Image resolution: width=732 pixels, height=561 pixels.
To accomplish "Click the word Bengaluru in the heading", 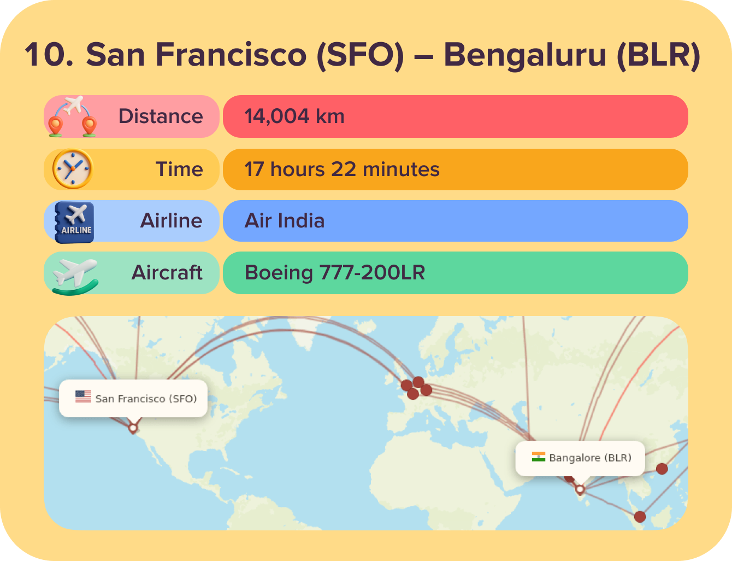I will point(524,55).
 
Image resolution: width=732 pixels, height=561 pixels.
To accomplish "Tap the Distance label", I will point(161,116).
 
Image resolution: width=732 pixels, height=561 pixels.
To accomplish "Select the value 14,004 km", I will point(294,116).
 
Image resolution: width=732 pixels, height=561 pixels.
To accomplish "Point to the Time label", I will point(179,170).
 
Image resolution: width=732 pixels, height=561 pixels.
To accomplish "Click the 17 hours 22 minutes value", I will point(342,170).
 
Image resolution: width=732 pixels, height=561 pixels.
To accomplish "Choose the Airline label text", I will point(171,221).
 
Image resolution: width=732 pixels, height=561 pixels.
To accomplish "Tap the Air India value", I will point(285,221).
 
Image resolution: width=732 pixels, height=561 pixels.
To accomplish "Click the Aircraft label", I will point(167,272).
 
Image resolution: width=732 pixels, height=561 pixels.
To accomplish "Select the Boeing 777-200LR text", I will point(335,272).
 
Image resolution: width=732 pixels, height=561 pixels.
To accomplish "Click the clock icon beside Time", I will point(72,169).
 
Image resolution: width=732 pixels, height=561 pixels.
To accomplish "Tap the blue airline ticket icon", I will point(75,222).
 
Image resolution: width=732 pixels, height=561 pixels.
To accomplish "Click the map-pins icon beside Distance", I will point(72,116).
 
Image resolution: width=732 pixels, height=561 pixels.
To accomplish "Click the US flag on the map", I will point(84,396).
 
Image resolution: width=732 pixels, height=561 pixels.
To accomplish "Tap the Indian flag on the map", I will point(539,457).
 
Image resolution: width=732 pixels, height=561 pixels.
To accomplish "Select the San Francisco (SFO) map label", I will point(146,399).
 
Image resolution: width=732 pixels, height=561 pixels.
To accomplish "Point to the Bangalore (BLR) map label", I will point(590,458).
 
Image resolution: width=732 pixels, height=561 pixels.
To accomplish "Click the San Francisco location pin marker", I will point(133,428).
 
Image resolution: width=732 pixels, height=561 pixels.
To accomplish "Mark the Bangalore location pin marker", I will point(580,489).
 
